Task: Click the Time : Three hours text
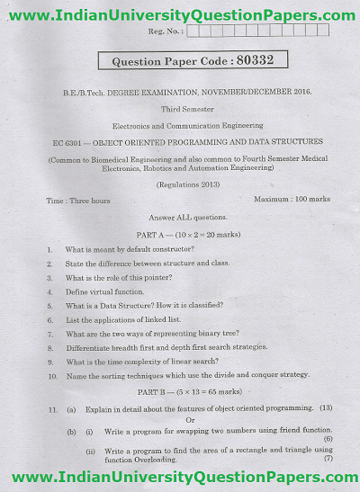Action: (x=79, y=201)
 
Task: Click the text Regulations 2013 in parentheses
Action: (x=186, y=183)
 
